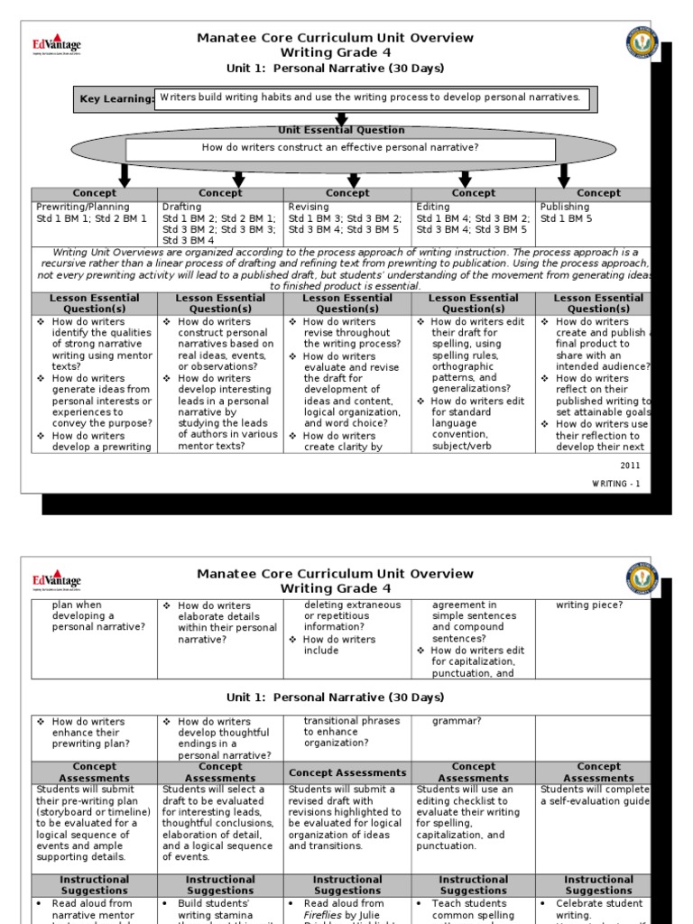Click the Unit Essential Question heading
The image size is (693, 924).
341,131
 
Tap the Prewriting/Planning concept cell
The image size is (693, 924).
82,213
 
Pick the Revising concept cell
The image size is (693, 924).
346,213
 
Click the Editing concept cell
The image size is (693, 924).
473,213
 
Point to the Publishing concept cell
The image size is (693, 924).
565,213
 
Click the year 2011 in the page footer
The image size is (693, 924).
630,465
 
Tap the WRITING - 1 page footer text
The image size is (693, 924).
615,485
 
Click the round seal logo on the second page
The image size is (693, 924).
642,577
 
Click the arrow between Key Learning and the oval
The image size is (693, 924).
341,118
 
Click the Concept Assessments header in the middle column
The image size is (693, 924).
347,773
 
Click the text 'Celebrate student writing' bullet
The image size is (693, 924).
598,909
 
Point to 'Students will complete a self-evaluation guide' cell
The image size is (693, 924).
595,796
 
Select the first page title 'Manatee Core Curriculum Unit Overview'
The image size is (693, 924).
335,38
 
